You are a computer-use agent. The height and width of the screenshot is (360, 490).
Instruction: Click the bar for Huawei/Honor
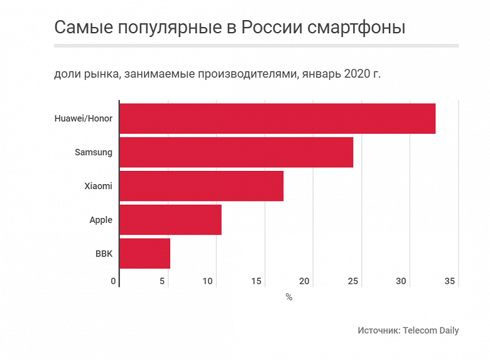[x=277, y=119]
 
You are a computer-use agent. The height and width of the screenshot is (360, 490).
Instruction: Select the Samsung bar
[x=236, y=152]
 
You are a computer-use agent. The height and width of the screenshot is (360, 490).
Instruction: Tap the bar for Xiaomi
[x=201, y=186]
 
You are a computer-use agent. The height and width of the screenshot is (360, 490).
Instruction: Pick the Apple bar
[x=170, y=220]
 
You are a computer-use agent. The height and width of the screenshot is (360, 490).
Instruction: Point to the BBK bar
[x=144, y=253]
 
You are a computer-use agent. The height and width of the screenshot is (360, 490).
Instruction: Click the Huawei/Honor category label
[x=84, y=119]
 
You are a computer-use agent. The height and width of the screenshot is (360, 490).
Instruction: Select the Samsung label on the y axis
[x=94, y=152]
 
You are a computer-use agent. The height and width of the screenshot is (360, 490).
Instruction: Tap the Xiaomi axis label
[x=98, y=186]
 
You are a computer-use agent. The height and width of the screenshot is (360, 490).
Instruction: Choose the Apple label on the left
[x=101, y=220]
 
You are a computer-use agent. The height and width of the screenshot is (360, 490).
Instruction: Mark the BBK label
[x=104, y=254]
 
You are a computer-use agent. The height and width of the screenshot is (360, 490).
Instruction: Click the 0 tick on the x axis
[x=114, y=281]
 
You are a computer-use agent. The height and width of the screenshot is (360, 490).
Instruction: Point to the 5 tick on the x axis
[x=162, y=281]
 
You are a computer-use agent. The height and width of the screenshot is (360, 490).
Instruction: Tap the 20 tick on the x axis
[x=305, y=281]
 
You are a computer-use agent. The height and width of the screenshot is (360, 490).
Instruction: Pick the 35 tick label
[x=450, y=281]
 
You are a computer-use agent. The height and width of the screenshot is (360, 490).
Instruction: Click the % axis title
[x=289, y=297]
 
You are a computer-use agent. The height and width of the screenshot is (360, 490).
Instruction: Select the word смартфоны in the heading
[x=352, y=28]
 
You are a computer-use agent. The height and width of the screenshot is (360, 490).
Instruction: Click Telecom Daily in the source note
[x=431, y=330]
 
